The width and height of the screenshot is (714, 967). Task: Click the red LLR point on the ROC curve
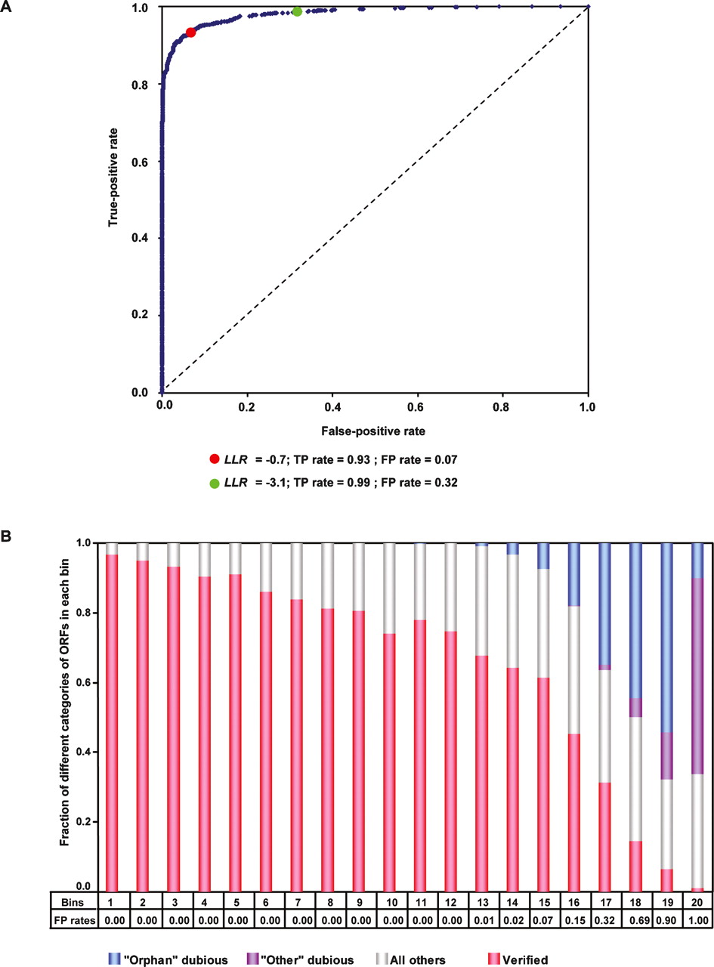(190, 32)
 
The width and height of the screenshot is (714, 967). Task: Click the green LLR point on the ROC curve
(297, 12)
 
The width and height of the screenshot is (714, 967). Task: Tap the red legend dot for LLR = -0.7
(215, 459)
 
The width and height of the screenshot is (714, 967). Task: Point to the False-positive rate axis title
(374, 431)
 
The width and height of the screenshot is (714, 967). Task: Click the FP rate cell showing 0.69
(635, 921)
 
